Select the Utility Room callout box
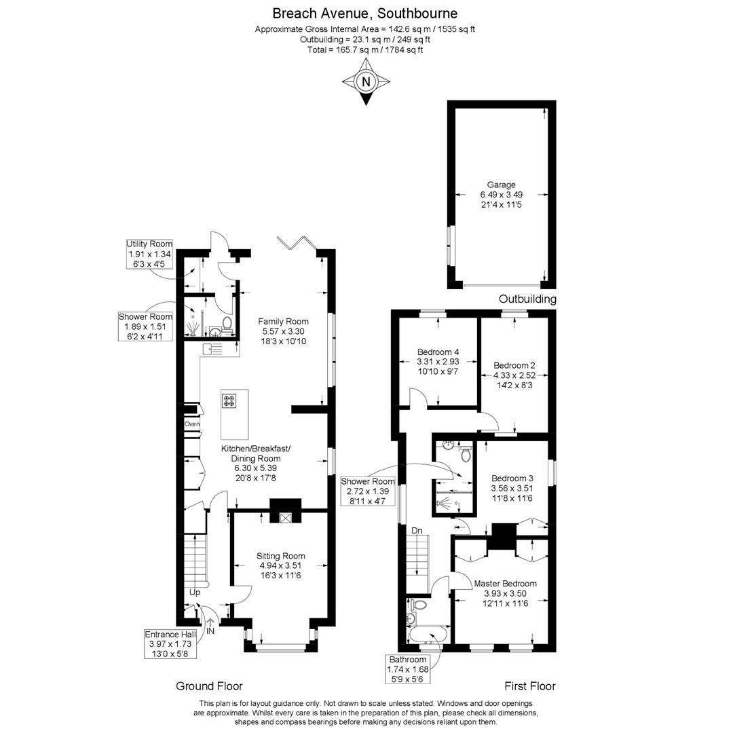(x=149, y=254)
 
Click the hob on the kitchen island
(x=229, y=401)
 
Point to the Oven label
(x=192, y=425)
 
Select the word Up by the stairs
(x=195, y=593)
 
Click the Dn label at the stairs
(x=417, y=530)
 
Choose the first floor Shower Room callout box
(x=368, y=491)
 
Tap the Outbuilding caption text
(x=527, y=299)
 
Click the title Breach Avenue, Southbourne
(x=365, y=13)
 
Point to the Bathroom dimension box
(x=407, y=669)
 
